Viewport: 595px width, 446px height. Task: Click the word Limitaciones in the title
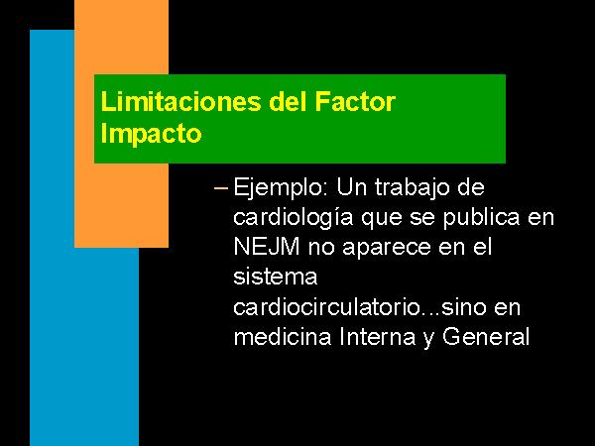click(181, 102)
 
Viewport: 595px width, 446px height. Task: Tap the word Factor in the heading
click(355, 102)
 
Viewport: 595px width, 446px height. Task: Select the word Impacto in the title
click(151, 134)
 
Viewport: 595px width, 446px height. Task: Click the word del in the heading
click(288, 102)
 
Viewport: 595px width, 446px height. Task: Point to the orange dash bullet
click(221, 187)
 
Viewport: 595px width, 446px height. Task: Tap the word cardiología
click(293, 218)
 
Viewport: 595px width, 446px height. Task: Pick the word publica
click(482, 218)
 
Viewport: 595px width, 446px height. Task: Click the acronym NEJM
click(267, 247)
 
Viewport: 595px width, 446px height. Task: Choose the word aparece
click(387, 249)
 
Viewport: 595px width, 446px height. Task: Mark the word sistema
click(275, 277)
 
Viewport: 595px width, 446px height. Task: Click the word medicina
click(283, 336)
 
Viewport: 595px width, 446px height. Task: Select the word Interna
click(378, 336)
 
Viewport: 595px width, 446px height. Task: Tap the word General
click(485, 336)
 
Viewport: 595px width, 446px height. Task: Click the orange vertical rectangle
click(121, 124)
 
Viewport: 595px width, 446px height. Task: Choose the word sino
click(464, 307)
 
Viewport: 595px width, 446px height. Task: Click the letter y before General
click(428, 339)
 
